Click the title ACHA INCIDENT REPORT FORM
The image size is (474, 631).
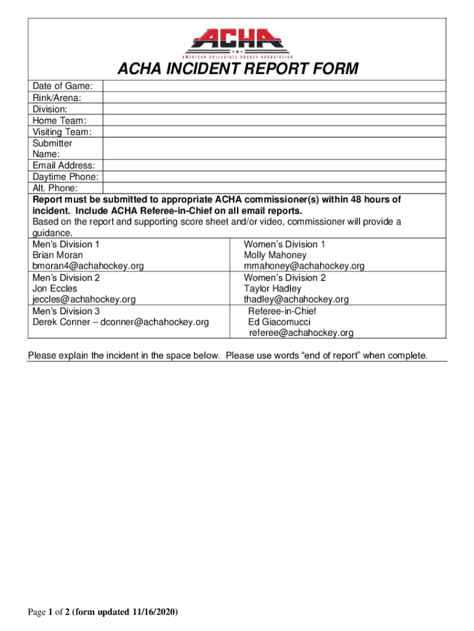[237, 68]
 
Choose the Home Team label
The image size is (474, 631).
[59, 120]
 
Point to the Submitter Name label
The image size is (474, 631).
[52, 149]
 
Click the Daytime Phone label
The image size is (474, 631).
[65, 177]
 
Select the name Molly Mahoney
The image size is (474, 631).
[275, 255]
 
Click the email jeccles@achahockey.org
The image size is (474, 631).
[84, 299]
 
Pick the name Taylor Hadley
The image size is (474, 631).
[273, 288]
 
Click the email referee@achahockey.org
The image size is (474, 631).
[301, 333]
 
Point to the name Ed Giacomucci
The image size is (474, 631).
[279, 322]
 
